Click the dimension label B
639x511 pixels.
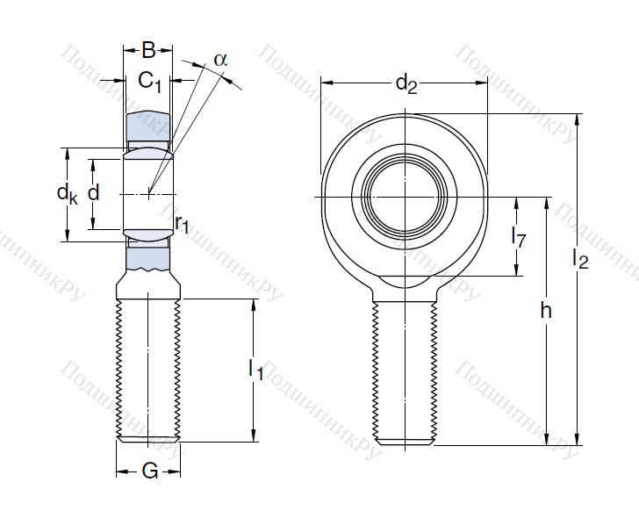(148, 51)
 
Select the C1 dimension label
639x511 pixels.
(150, 82)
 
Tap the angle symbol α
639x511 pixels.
(219, 60)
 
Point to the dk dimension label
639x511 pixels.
(68, 194)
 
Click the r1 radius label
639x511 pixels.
(182, 224)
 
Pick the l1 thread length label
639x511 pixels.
(255, 369)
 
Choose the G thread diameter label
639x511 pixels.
(149, 471)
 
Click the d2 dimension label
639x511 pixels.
(405, 84)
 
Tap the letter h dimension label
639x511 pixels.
(546, 312)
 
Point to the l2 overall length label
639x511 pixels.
(580, 258)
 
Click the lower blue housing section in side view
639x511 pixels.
(148, 256)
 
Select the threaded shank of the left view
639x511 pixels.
(148, 369)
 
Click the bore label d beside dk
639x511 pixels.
(94, 193)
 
